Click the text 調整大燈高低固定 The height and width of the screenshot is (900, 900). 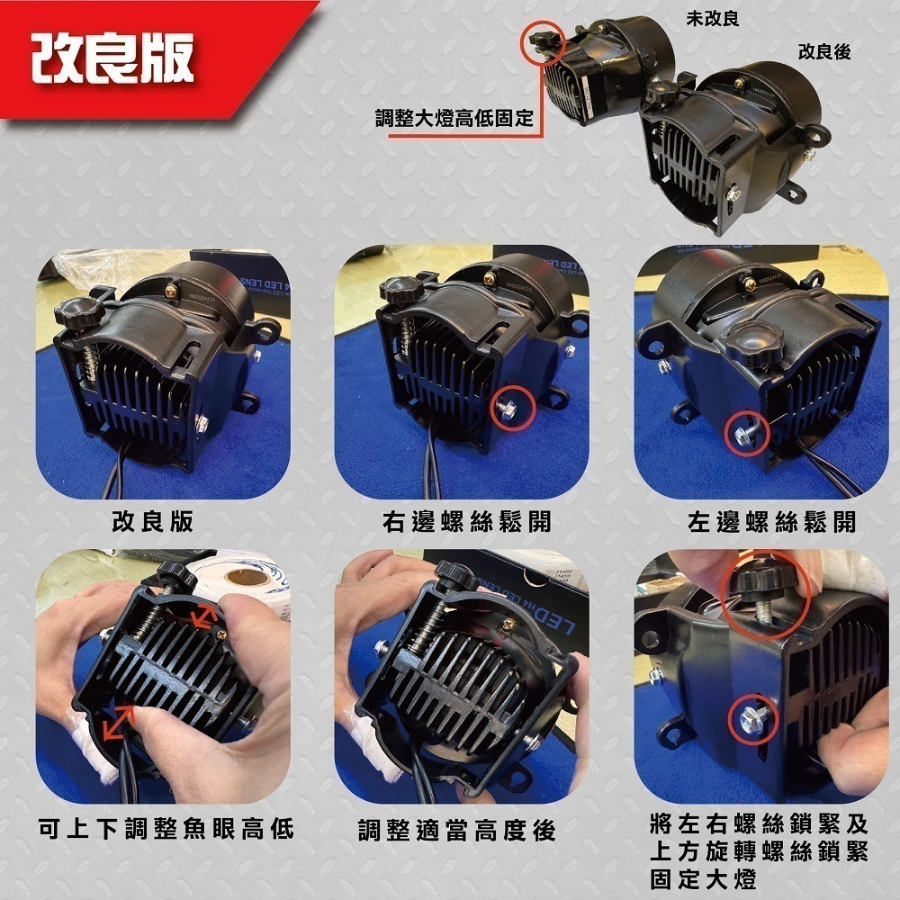click(x=454, y=118)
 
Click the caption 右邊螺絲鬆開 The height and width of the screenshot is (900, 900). click(x=466, y=522)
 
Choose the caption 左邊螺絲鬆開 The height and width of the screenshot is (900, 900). click(x=770, y=522)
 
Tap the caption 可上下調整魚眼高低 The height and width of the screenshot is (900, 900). click(x=167, y=829)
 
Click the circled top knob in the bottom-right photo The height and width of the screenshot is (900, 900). click(x=763, y=593)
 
